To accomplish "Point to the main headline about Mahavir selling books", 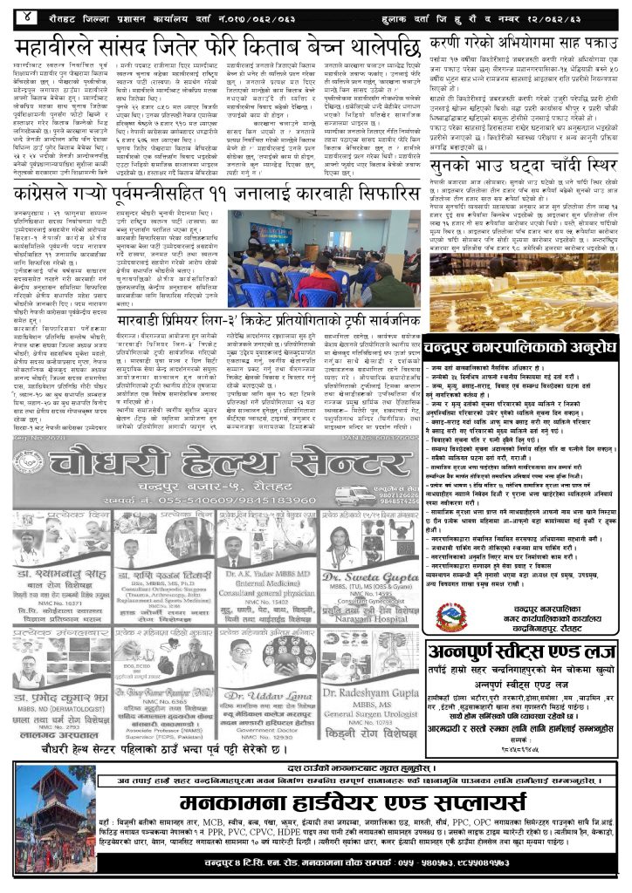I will coord(217,44).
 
